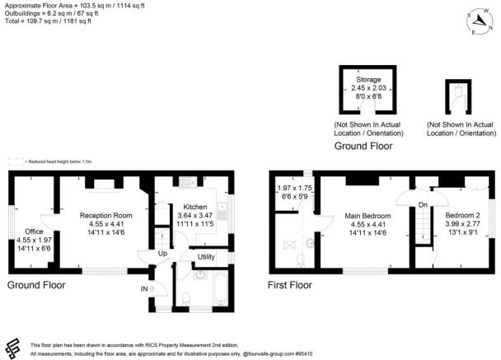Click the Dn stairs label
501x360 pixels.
424,204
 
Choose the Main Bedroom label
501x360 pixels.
367,217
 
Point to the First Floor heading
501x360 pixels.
289,285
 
